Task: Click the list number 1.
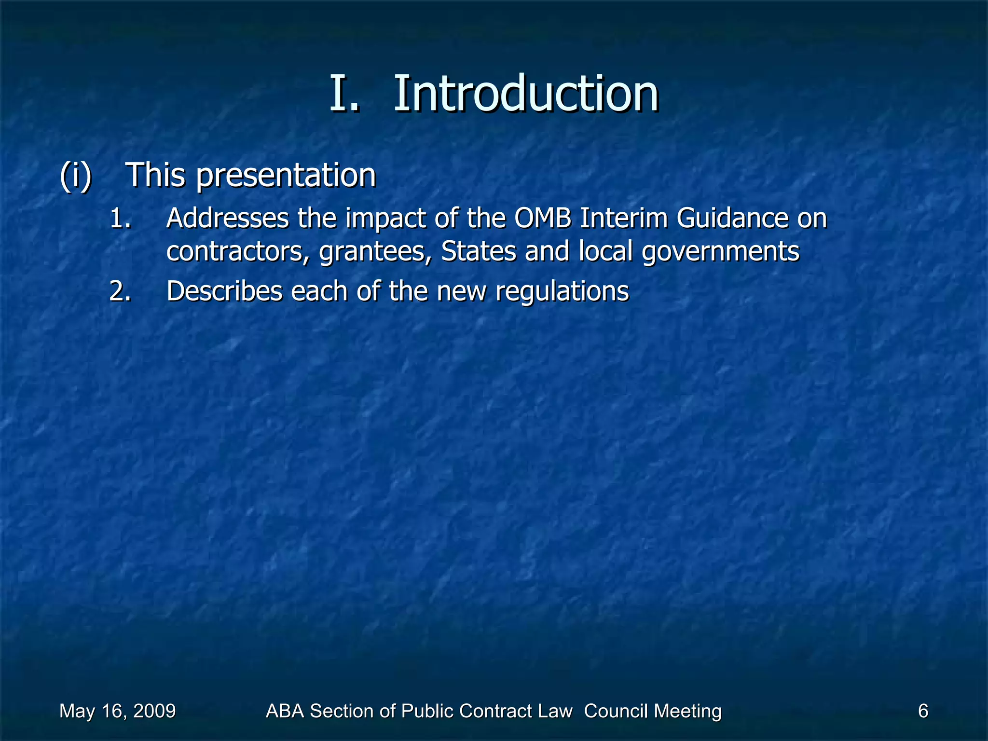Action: click(x=120, y=218)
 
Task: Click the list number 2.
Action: click(x=120, y=291)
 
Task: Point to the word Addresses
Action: click(x=227, y=218)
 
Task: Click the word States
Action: click(x=479, y=251)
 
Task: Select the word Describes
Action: click(x=224, y=291)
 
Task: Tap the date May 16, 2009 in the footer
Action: click(x=117, y=711)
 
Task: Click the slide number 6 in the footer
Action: click(x=923, y=711)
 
